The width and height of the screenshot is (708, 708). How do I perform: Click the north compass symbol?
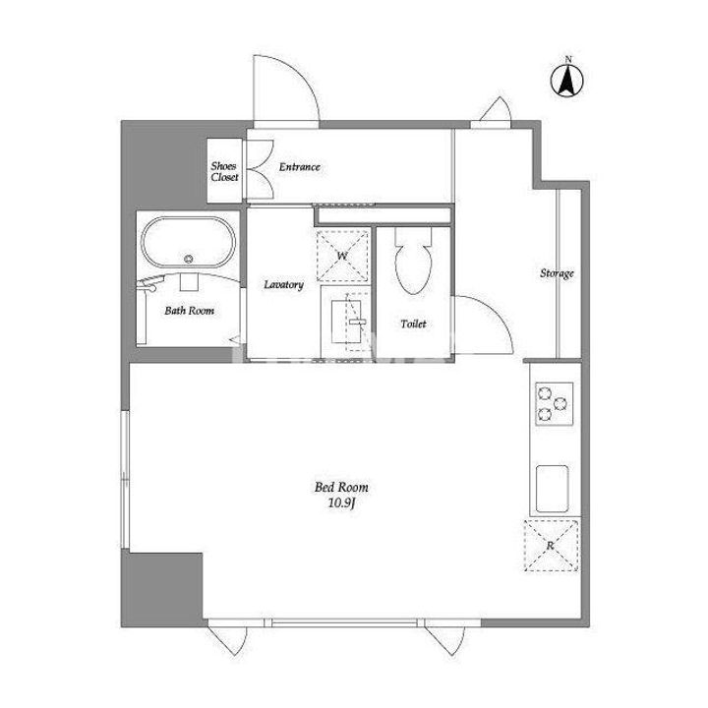567,81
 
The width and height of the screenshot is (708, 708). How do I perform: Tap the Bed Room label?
341,487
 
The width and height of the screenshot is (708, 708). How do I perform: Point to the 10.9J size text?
343,503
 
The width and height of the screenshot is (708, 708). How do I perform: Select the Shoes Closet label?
224,171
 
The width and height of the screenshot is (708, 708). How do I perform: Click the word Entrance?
299,167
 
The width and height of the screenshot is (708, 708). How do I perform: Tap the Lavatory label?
283,284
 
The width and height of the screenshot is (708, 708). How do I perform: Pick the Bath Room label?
189,311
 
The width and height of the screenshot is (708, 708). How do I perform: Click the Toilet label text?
413,324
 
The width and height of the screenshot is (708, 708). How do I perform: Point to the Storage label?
557,273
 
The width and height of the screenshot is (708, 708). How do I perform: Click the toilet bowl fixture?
413,262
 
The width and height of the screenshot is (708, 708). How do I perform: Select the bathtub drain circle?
188,259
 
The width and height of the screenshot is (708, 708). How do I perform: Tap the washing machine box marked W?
342,256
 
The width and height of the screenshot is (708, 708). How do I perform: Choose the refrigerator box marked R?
551,546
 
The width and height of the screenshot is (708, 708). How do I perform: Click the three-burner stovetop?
555,404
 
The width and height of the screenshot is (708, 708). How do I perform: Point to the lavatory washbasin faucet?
357,322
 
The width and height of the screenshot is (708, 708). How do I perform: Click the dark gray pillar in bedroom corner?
162,589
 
